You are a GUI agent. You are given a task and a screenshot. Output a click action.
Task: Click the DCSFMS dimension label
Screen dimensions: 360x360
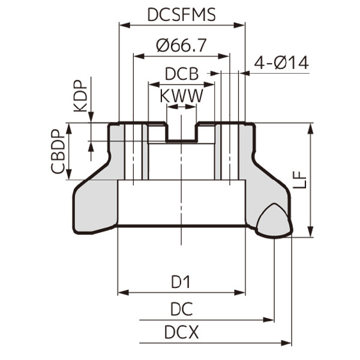click(182, 14)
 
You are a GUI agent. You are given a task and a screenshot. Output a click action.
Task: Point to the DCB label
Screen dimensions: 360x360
click(181, 74)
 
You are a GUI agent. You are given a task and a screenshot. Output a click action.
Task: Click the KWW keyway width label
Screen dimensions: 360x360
click(181, 95)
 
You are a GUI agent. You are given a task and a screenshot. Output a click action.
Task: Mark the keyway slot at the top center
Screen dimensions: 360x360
click(181, 133)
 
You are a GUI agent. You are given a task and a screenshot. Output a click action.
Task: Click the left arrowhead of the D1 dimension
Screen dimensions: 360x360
click(122, 293)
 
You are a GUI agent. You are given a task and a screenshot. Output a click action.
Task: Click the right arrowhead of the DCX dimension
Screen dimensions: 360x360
click(287, 342)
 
